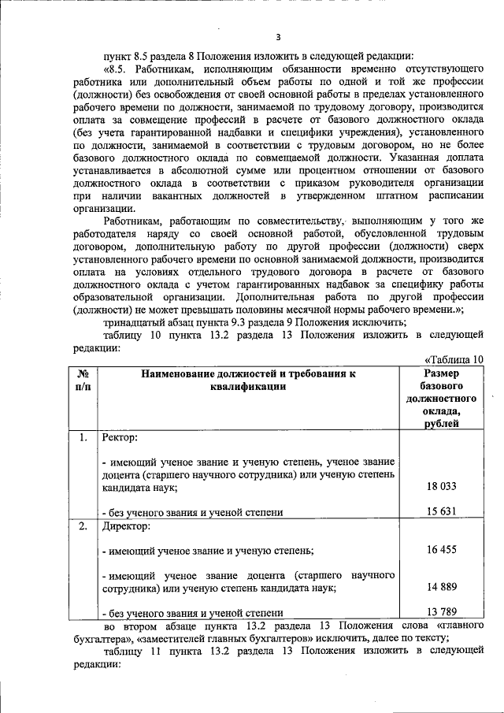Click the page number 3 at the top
(277, 37)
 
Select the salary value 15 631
(442, 512)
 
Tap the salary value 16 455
(442, 550)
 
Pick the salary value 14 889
(442, 588)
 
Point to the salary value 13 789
(442, 612)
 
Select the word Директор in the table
(124, 525)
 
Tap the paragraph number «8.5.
(117, 69)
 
